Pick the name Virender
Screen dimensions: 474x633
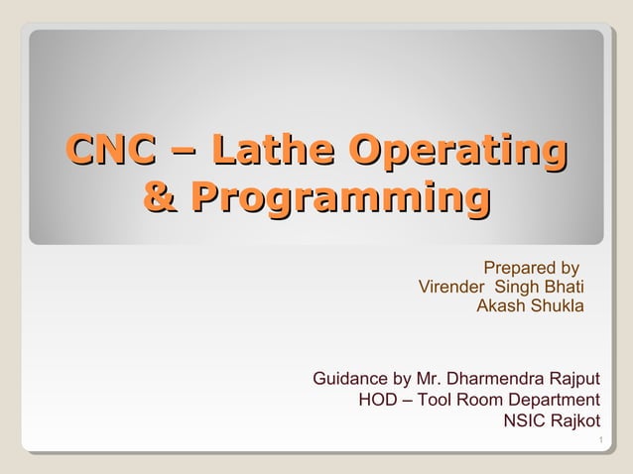click(452, 288)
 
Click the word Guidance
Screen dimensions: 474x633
click(351, 379)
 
